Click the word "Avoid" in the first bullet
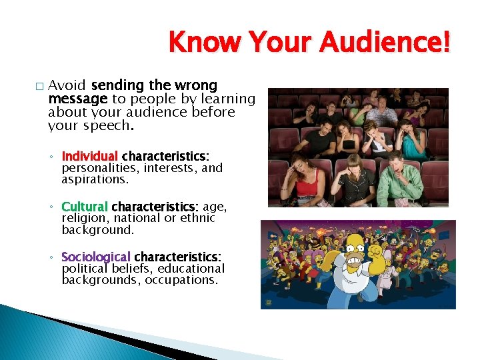pos(67,85)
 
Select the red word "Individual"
pos(89,156)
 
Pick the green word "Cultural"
pos(84,207)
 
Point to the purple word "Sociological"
pos(96,257)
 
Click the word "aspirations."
pos(95,180)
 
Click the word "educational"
pos(191,269)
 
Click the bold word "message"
pos(73,99)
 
